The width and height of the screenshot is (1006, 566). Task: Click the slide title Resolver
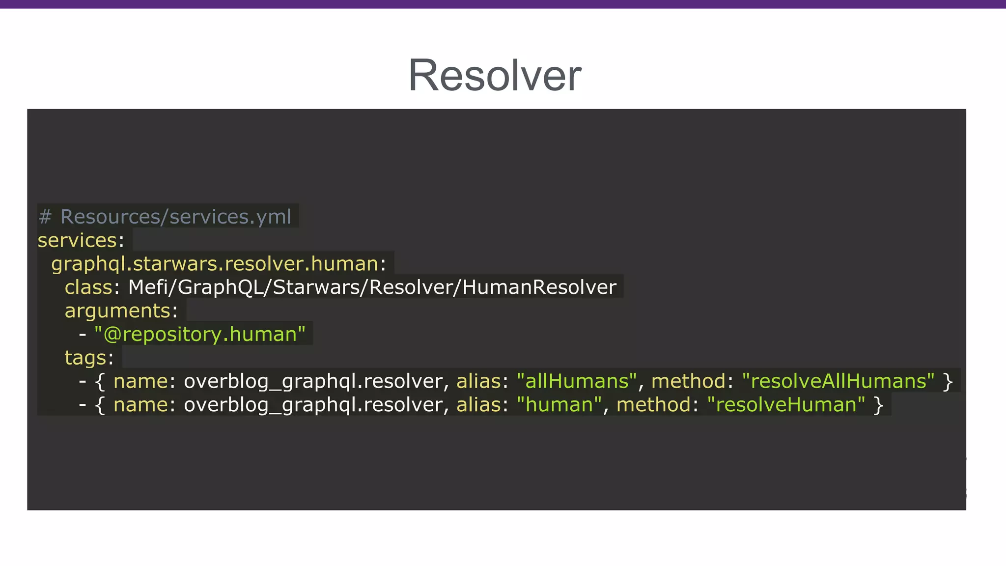[x=495, y=75]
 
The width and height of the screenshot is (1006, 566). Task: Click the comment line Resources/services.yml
[x=175, y=217]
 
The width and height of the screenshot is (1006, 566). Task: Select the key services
[x=77, y=240]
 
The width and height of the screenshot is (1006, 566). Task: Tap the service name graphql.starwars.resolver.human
[x=215, y=264]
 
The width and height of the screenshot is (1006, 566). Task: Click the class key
[x=88, y=287]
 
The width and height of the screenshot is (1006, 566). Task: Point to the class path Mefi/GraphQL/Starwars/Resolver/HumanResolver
[x=372, y=287]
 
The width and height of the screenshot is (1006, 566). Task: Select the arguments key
[x=117, y=311]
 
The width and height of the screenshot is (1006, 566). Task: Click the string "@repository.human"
[x=200, y=335]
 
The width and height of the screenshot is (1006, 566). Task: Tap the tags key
[x=85, y=358]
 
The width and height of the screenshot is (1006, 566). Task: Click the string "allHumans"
[x=577, y=381]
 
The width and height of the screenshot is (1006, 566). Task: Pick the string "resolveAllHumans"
[x=838, y=381]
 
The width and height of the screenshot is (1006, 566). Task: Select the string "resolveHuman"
[x=786, y=405]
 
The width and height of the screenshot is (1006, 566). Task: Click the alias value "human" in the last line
[x=559, y=405]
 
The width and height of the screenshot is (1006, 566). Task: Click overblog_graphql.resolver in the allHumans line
[x=313, y=381]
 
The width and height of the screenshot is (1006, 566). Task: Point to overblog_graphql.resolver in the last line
[x=313, y=405]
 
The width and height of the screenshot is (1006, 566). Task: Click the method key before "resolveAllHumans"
[x=688, y=381]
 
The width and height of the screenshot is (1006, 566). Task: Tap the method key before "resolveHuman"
[x=653, y=405]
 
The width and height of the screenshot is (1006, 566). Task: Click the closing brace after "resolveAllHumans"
[x=948, y=382]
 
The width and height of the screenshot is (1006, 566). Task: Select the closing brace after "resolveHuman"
[x=878, y=405]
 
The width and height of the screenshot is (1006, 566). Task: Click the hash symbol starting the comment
[x=45, y=217]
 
